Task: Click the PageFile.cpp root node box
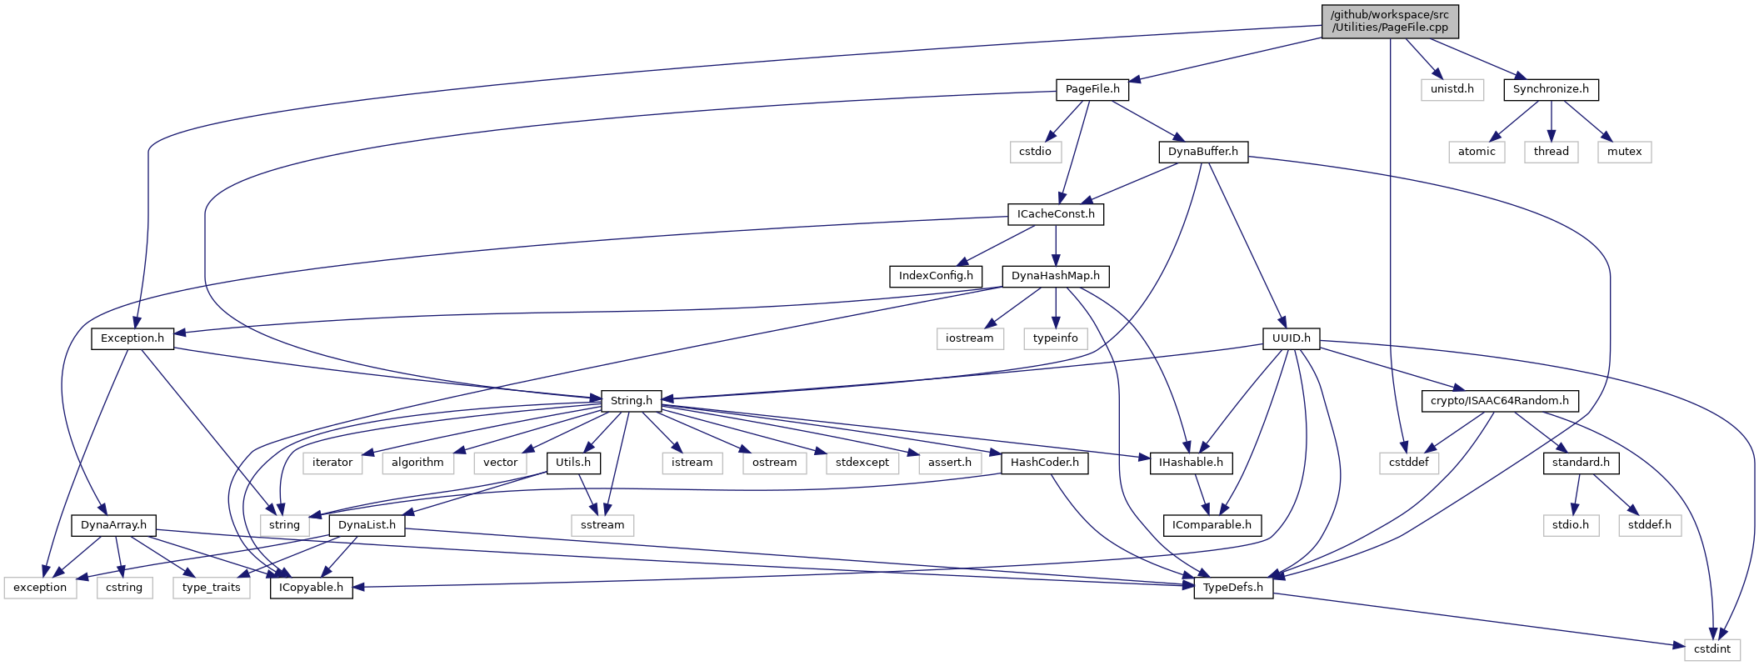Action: pyautogui.click(x=1390, y=21)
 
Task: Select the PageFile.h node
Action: pyautogui.click(x=1092, y=89)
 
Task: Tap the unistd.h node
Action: pyautogui.click(x=1452, y=89)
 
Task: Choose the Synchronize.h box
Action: pyautogui.click(x=1551, y=89)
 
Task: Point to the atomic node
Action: pyautogui.click(x=1477, y=152)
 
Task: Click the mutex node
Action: pyautogui.click(x=1624, y=152)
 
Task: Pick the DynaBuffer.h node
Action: pyautogui.click(x=1202, y=152)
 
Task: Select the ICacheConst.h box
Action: pyautogui.click(x=1056, y=214)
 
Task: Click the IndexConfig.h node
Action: pyautogui.click(x=936, y=276)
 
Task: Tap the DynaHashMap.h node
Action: pyautogui.click(x=1056, y=276)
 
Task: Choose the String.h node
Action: pyautogui.click(x=631, y=401)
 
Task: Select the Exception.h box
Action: pyautogui.click(x=132, y=338)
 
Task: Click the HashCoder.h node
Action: pyautogui.click(x=1044, y=463)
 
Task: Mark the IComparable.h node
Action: pyautogui.click(x=1212, y=525)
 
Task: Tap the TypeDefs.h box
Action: pyautogui.click(x=1233, y=588)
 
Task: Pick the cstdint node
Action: pyautogui.click(x=1712, y=649)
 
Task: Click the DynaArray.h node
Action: pyautogui.click(x=113, y=525)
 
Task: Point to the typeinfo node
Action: pyautogui.click(x=1056, y=338)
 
